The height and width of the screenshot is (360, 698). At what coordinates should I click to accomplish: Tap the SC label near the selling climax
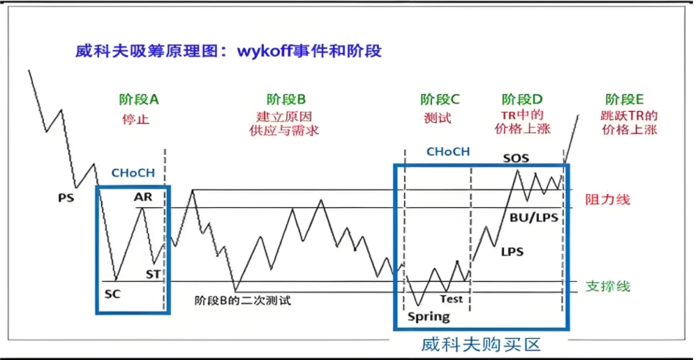tap(112, 294)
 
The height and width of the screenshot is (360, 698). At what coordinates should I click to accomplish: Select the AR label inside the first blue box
tap(143, 197)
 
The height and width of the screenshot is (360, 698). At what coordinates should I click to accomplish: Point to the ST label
tap(154, 273)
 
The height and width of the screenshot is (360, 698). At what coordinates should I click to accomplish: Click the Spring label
tap(429, 317)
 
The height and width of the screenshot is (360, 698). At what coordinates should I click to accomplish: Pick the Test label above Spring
tap(451, 299)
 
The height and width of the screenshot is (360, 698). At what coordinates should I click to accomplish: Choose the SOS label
tap(516, 158)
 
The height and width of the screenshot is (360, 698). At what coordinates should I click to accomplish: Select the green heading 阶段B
tap(286, 99)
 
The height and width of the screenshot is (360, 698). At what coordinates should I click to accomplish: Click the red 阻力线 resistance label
tap(608, 200)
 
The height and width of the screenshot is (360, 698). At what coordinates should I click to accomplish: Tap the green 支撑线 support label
tap(608, 286)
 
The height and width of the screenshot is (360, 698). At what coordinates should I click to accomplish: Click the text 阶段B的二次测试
tap(242, 301)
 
